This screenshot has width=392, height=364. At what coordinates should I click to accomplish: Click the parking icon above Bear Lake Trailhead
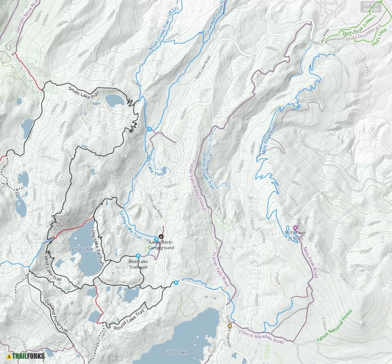click(137, 256)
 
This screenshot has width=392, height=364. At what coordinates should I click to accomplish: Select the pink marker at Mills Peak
click(295, 227)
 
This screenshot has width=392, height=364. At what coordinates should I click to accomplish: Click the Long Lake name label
click(81, 249)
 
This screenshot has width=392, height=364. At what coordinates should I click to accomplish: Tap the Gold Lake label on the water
click(176, 352)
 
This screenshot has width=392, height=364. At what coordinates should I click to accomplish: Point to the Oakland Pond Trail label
click(56, 317)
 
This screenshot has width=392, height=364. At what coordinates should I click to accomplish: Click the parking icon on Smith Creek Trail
click(149, 129)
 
